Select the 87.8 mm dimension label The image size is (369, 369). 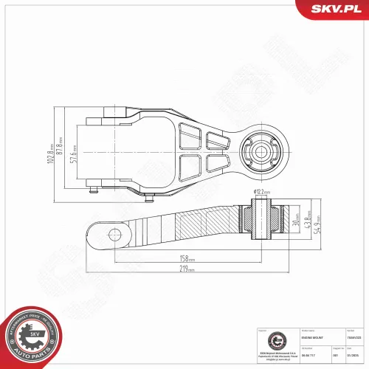coord(63,154)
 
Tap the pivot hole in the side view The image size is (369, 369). coord(114,235)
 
